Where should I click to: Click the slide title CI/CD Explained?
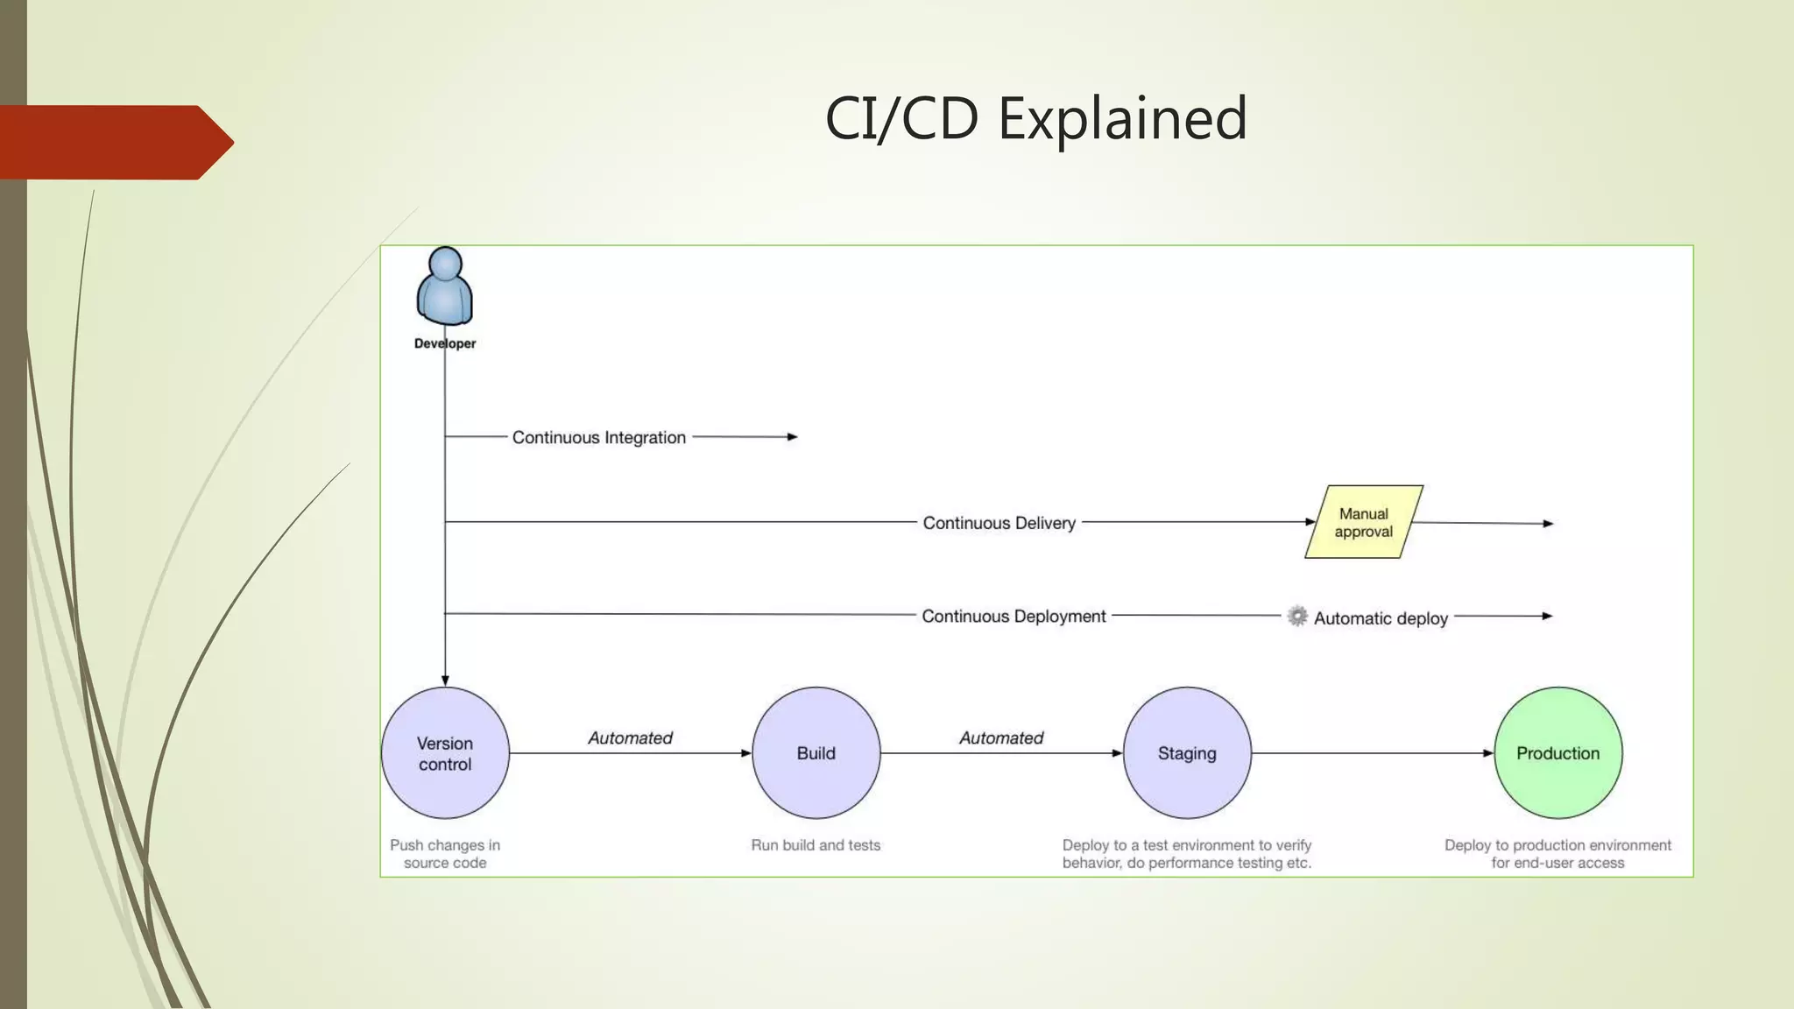(x=1035, y=118)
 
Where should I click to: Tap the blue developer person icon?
(x=445, y=286)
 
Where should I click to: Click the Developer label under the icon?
(x=445, y=343)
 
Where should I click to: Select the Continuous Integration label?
(x=599, y=437)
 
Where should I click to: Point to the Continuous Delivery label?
(x=999, y=523)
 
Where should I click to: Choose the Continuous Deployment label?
(x=1014, y=617)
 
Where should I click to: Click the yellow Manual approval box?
(x=1363, y=522)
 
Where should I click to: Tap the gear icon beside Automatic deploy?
(x=1297, y=616)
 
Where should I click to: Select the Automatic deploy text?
(x=1381, y=618)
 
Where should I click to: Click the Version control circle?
(x=445, y=753)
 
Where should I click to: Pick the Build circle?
(x=816, y=753)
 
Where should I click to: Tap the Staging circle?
(x=1187, y=753)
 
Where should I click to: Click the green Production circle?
(x=1557, y=753)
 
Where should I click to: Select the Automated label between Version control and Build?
(x=630, y=738)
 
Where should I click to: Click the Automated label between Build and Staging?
(x=1001, y=738)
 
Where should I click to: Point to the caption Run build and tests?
(x=816, y=845)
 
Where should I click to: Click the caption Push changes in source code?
(x=445, y=854)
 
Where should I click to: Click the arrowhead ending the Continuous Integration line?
(x=792, y=436)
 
